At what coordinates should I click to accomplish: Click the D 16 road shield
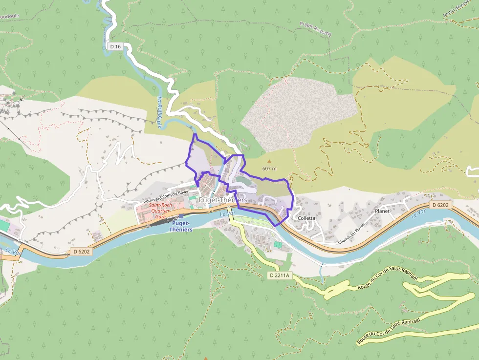[115, 46]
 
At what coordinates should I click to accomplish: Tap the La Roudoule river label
[160, 112]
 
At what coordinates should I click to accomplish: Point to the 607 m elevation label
[269, 169]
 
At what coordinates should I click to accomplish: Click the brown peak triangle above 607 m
[269, 161]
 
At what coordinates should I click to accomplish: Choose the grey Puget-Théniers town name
[223, 200]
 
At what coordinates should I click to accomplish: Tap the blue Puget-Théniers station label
[181, 226]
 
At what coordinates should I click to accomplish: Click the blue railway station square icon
[181, 215]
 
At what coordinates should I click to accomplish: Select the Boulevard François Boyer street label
[166, 196]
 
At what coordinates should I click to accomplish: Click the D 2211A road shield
[280, 275]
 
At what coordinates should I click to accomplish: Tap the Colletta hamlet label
[306, 218]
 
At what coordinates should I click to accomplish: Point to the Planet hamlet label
[382, 212]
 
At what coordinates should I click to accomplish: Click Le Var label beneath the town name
[228, 213]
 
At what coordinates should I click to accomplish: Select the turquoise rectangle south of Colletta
[278, 244]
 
